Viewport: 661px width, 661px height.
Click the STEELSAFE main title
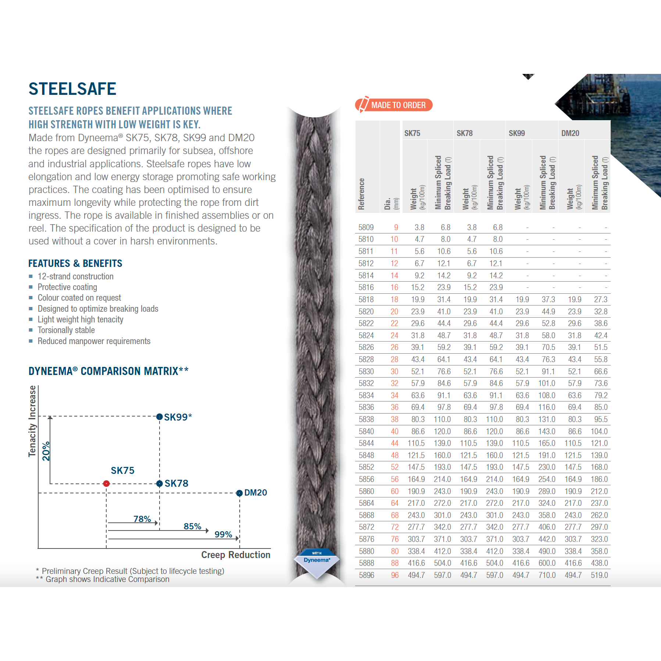pos(72,89)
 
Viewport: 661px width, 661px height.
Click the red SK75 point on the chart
pos(106,483)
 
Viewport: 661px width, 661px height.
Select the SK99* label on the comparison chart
pos(178,417)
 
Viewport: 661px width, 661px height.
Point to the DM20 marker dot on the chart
pos(239,493)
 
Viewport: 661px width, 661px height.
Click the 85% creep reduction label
pos(192,526)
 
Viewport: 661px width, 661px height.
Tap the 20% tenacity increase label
pos(46,451)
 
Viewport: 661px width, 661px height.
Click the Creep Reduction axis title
pos(236,555)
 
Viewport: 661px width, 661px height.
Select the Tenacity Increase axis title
pos(32,421)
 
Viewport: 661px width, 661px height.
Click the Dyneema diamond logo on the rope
pos(317,562)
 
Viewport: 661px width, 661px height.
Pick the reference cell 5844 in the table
pos(366,443)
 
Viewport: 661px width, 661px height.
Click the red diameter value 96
pos(394,575)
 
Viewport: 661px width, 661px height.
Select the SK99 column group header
pos(517,133)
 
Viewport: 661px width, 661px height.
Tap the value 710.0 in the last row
pos(547,575)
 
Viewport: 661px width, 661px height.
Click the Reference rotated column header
pos(362,194)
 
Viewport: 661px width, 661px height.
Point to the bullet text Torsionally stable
pos(66,330)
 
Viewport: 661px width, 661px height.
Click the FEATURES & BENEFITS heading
pos(75,263)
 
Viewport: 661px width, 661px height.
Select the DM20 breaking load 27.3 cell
pos(600,300)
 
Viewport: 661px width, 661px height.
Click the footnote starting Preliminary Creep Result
pos(133,571)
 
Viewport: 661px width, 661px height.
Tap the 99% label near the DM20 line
pos(223,534)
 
